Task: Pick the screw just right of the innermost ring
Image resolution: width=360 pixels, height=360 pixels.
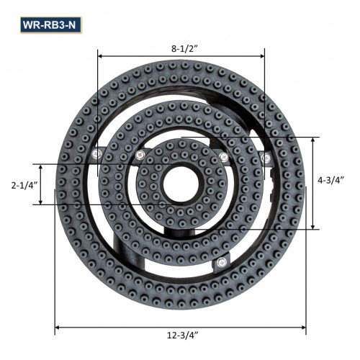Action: (224, 156)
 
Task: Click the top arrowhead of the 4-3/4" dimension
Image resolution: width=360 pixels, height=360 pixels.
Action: (312, 140)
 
